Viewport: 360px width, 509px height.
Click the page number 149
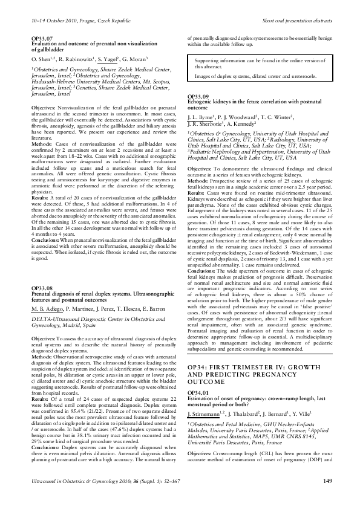pos(329,498)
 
